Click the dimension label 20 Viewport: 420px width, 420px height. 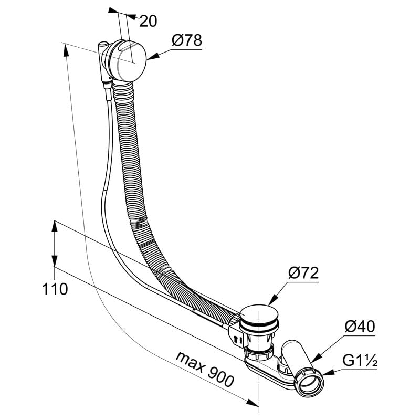coord(148,21)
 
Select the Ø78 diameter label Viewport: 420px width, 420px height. coord(187,40)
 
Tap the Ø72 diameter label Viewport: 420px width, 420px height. coord(303,273)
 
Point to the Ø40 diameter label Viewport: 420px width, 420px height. coord(360,327)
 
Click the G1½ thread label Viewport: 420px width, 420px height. coord(360,361)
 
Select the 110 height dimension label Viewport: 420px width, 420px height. coord(55,289)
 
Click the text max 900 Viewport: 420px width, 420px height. coord(205,370)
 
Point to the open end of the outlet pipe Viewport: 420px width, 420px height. coord(309,383)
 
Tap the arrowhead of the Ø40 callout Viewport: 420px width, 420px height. coord(317,358)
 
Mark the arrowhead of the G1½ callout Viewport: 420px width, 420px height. coord(328,373)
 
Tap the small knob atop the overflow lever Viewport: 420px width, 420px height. coord(103,44)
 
